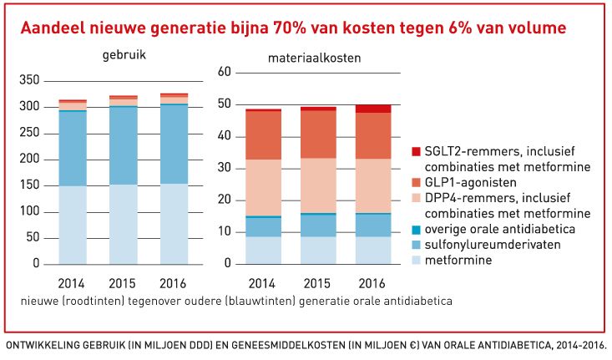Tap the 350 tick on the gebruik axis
point(28,80)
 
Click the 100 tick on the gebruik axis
point(28,211)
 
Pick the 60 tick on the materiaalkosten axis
point(223,73)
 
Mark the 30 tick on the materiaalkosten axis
point(223,168)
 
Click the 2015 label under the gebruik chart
point(124,281)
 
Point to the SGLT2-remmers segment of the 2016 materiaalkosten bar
point(372,109)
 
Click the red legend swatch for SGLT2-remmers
point(416,151)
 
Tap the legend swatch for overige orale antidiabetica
point(416,229)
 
